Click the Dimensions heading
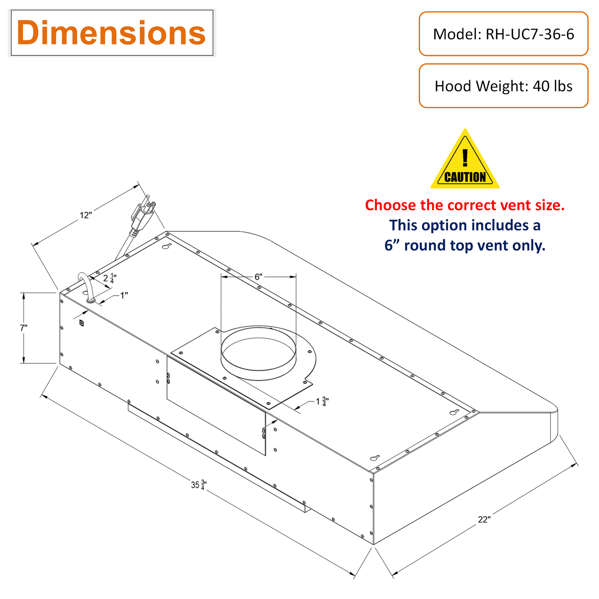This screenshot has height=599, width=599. pyautogui.click(x=112, y=33)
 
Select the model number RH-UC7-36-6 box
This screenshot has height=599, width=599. pyautogui.click(x=503, y=34)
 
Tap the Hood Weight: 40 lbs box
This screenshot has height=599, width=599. pyautogui.click(x=503, y=86)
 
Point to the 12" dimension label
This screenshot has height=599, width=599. pyautogui.click(x=85, y=215)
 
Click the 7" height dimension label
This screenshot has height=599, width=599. pyautogui.click(x=24, y=328)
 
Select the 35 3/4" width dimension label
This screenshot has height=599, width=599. pyautogui.click(x=199, y=485)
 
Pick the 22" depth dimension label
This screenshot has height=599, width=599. pyautogui.click(x=484, y=519)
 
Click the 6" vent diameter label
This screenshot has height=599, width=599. pyautogui.click(x=258, y=276)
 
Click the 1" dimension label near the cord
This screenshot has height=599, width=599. pyautogui.click(x=124, y=295)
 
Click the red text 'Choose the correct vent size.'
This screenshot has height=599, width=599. pyautogui.click(x=465, y=205)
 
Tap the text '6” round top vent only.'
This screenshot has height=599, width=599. pyautogui.click(x=465, y=245)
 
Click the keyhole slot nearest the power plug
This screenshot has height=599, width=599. pyautogui.click(x=167, y=246)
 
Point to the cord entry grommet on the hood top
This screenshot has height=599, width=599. pyautogui.click(x=91, y=299)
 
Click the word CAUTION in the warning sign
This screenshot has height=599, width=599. pyautogui.click(x=465, y=177)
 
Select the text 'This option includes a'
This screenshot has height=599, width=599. pyautogui.click(x=465, y=226)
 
